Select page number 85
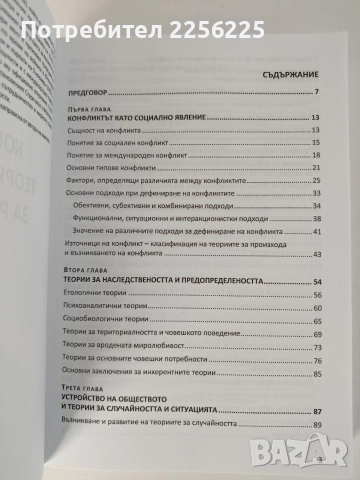click(314, 375)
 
